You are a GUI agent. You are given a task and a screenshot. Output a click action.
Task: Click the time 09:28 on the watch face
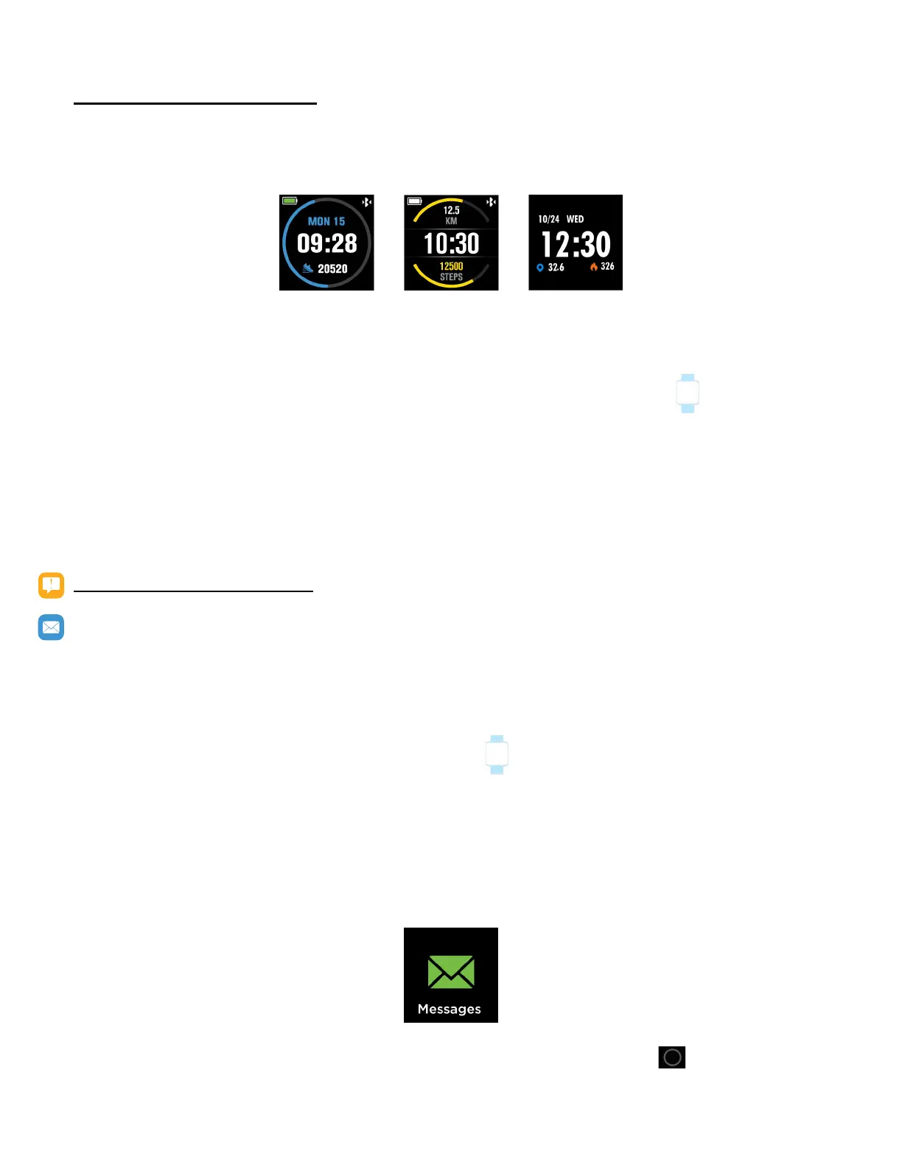pyautogui.click(x=326, y=243)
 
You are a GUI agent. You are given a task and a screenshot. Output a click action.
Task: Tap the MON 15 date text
pyautogui.click(x=326, y=221)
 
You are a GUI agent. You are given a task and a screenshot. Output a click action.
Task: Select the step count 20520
pyautogui.click(x=332, y=269)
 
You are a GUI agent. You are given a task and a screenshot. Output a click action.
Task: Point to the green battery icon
pyautogui.click(x=290, y=201)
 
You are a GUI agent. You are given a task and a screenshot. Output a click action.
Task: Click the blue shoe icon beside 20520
pyautogui.click(x=308, y=268)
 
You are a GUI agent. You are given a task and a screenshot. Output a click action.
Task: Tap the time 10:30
pyautogui.click(x=451, y=243)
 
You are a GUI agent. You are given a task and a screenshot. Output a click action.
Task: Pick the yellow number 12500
pyautogui.click(x=451, y=266)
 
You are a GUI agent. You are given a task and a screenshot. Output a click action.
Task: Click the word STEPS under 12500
pyautogui.click(x=451, y=277)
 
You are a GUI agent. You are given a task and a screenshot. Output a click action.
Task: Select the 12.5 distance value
pyautogui.click(x=451, y=210)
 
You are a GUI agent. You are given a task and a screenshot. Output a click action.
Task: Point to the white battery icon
pyautogui.click(x=415, y=201)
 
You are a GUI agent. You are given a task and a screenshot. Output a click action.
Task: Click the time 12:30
pyautogui.click(x=576, y=245)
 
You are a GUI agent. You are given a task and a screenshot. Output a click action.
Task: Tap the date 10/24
pyautogui.click(x=548, y=219)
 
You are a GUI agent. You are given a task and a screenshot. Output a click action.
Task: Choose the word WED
pyautogui.click(x=575, y=219)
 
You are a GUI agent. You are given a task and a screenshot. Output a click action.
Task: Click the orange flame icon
pyautogui.click(x=593, y=267)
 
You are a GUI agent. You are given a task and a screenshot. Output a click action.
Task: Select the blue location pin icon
pyautogui.click(x=540, y=268)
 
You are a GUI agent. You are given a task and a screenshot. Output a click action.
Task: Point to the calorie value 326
pyautogui.click(x=607, y=267)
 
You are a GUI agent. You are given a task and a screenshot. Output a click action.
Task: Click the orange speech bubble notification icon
pyautogui.click(x=51, y=585)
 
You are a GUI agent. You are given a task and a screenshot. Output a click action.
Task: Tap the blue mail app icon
pyautogui.click(x=51, y=628)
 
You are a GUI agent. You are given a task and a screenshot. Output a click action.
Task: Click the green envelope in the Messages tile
pyautogui.click(x=451, y=972)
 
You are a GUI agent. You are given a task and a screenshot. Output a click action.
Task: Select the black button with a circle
pyautogui.click(x=672, y=1057)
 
